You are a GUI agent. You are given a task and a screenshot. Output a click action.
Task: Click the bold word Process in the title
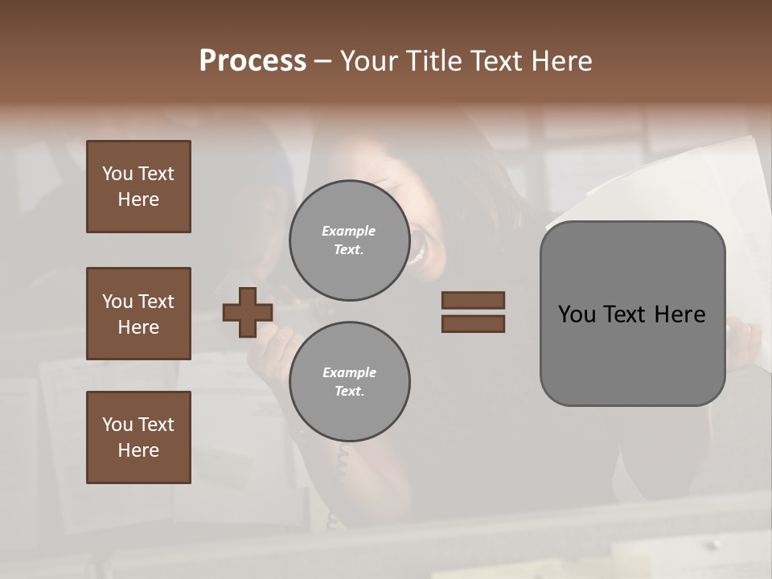253,61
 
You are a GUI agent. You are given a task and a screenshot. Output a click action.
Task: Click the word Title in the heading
433,61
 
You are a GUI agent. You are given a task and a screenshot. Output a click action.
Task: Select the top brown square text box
138,187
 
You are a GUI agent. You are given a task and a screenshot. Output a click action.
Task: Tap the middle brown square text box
138,314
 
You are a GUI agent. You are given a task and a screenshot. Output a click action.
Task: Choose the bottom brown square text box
138,437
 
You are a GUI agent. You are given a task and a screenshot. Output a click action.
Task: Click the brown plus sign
248,312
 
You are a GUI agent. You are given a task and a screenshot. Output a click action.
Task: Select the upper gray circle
349,240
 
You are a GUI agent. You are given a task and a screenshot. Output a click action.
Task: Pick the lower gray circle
349,382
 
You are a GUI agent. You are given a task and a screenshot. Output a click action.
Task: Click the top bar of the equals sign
473,300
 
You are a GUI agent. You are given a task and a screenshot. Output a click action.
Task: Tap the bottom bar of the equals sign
473,323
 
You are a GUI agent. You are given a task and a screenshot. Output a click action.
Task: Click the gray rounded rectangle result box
632,313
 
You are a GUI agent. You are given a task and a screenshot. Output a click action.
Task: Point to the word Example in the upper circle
349,231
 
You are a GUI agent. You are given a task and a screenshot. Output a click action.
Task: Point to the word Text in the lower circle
348,392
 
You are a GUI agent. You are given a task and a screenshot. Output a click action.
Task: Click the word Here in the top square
138,199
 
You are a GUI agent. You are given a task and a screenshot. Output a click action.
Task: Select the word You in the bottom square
117,425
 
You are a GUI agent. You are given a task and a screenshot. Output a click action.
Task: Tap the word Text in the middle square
155,302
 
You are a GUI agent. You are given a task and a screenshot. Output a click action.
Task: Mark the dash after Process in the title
322,62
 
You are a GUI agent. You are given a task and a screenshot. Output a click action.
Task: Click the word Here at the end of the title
563,61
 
